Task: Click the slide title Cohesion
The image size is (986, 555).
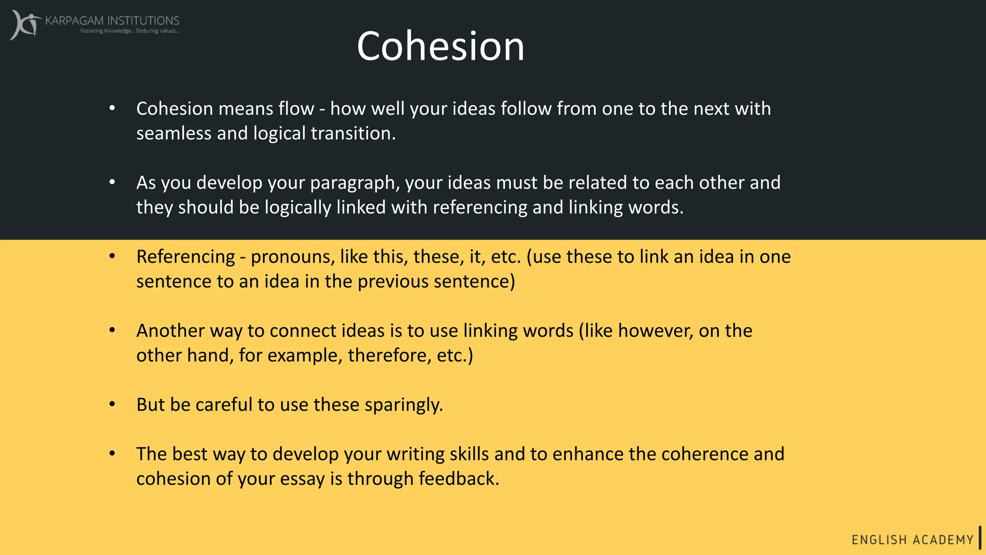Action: pos(440,46)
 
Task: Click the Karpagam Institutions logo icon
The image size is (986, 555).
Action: pos(25,24)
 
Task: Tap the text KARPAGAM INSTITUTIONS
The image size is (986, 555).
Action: pos(112,21)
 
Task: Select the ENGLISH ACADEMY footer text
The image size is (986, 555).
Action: pos(912,540)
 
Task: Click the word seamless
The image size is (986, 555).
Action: pos(173,133)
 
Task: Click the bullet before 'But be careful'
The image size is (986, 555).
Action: pos(112,404)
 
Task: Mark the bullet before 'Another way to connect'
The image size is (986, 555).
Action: pos(112,330)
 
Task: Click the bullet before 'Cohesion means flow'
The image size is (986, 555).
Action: pos(112,108)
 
